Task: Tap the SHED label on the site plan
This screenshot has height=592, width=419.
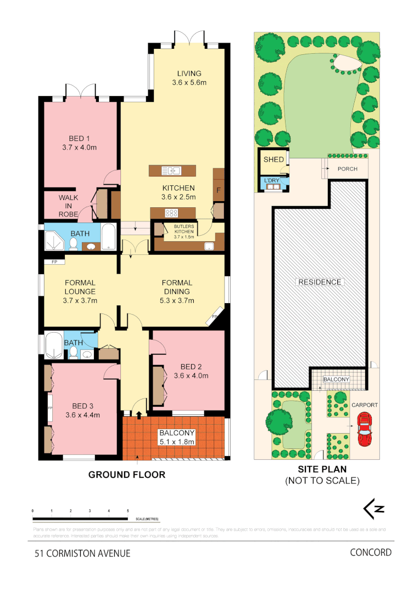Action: point(273,160)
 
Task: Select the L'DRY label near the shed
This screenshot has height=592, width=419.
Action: point(272,180)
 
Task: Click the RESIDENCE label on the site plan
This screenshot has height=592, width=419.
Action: point(320,282)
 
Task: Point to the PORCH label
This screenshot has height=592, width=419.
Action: point(347,169)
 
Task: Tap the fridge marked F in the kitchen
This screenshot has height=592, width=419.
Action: point(219,191)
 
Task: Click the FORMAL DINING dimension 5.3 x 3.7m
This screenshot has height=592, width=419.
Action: point(176,300)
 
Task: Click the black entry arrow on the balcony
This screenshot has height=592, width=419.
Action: point(138,415)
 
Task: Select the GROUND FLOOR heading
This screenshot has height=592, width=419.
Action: point(127,475)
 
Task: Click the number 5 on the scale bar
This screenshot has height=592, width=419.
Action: point(128,511)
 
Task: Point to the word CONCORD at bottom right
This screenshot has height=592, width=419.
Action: point(371,552)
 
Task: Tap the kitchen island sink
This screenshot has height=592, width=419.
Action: point(172,170)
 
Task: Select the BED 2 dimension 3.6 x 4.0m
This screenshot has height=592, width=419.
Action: point(191,376)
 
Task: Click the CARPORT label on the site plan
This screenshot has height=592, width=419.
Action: point(365,405)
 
